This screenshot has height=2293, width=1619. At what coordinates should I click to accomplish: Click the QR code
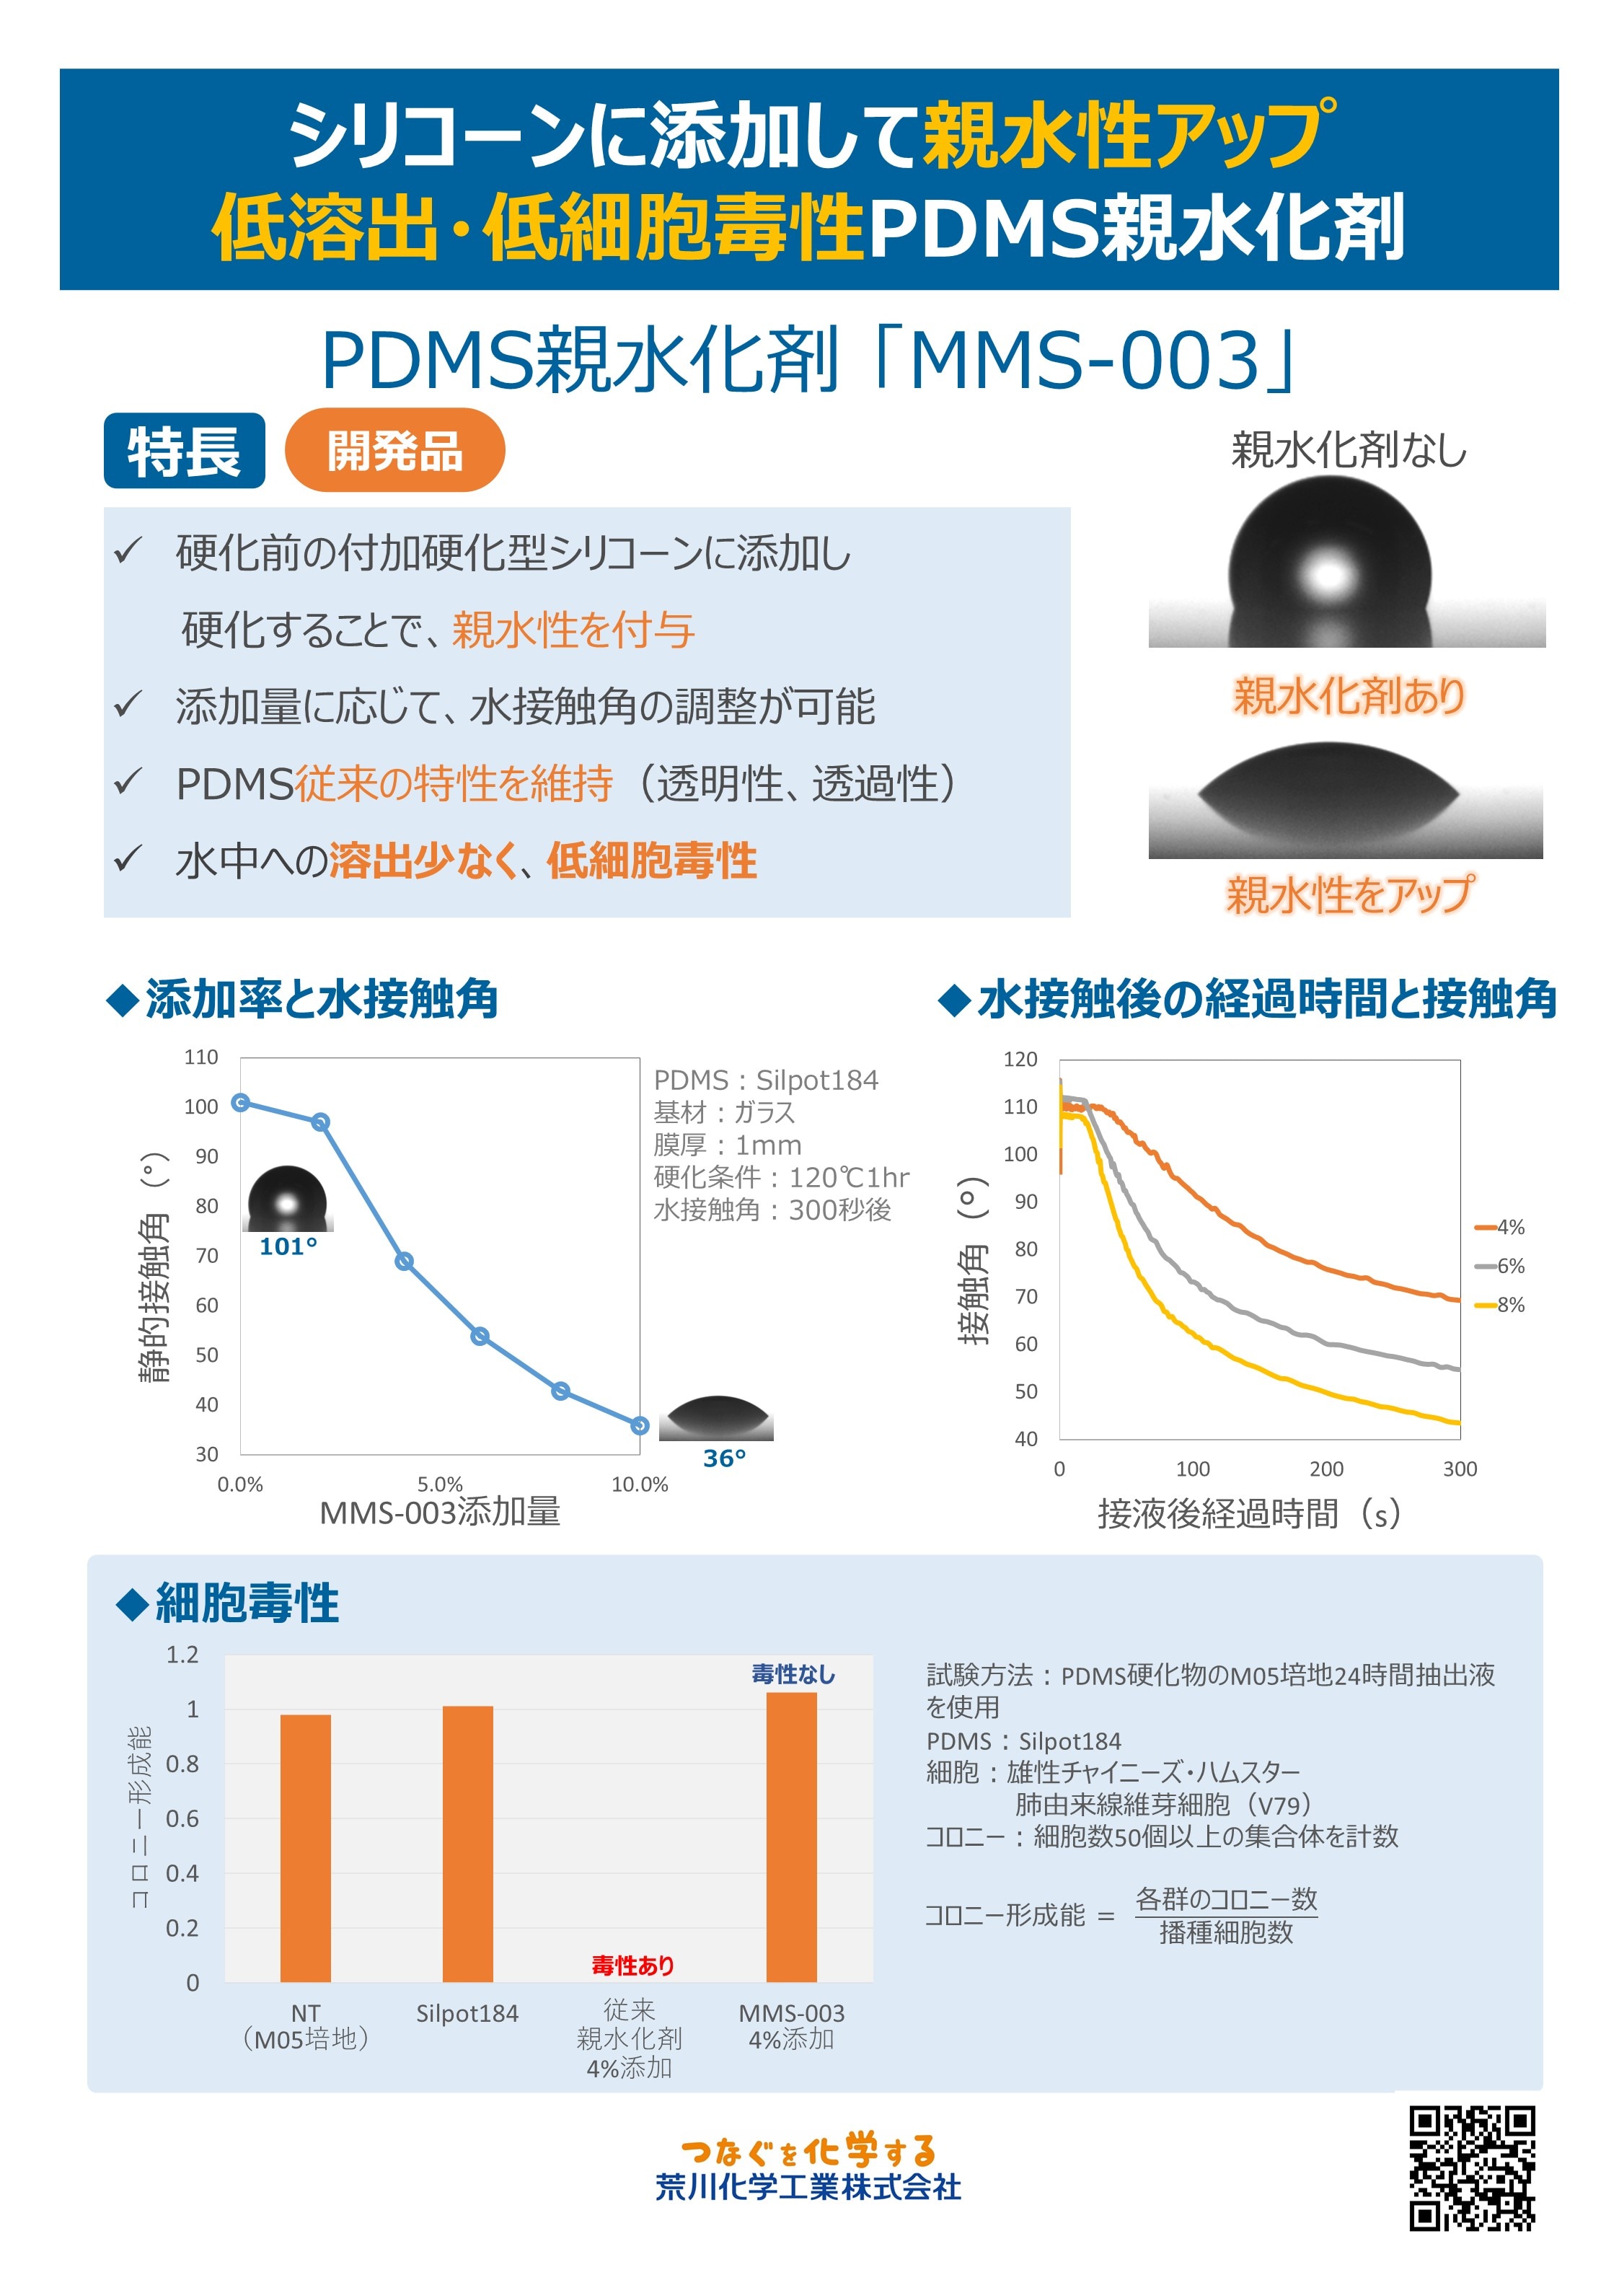pos(1471,2168)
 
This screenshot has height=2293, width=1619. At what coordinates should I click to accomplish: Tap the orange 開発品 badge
pos(394,450)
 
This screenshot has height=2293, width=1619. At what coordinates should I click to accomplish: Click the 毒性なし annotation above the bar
pos(793,1675)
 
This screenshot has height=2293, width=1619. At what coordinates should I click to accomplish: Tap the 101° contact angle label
pos(288,1246)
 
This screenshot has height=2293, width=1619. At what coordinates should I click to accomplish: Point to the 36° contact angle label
pos(724,1458)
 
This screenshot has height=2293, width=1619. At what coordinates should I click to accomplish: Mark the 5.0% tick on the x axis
pos(439,1484)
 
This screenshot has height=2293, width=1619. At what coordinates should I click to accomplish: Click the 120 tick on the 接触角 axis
pos(1020,1059)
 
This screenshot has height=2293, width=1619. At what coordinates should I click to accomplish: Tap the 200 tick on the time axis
pos(1326,1468)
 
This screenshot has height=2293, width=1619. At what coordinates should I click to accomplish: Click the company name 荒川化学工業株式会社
pos(808,2187)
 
